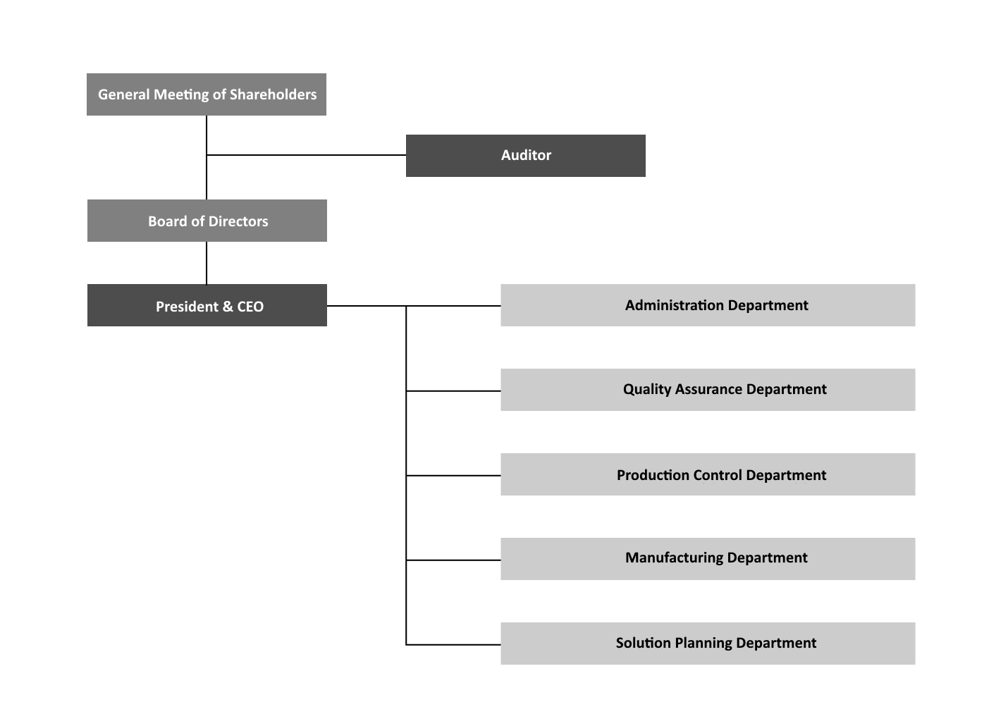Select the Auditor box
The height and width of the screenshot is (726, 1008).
pos(525,156)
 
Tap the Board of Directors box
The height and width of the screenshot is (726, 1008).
pos(207,221)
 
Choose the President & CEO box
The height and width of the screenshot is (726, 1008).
pos(207,305)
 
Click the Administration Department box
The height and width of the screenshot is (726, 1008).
pos(708,305)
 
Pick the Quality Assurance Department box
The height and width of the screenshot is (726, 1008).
pos(708,390)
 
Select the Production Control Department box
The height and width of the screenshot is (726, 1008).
pos(708,474)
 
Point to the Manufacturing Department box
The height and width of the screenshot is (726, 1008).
pos(708,559)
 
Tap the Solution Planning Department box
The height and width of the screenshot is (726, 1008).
pos(708,644)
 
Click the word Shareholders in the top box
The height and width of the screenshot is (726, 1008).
pos(273,94)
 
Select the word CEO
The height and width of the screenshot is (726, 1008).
pos(250,307)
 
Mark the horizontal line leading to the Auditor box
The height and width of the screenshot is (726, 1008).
pos(306,155)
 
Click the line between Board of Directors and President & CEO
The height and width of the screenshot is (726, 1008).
pos(207,263)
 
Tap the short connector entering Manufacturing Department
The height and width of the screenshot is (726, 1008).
pos(453,560)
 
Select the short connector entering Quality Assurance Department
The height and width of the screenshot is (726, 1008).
pos(453,391)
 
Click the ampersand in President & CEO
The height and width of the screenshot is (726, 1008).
pos(227,307)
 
